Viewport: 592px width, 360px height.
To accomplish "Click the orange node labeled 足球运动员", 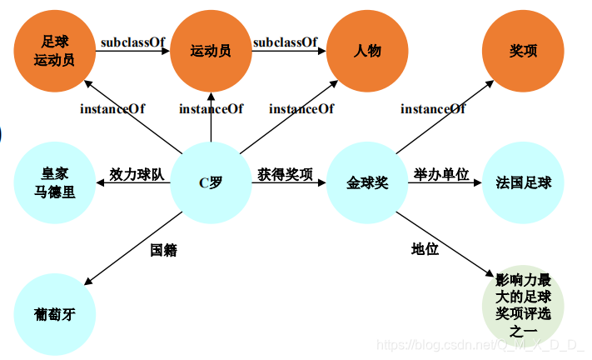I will [55, 50].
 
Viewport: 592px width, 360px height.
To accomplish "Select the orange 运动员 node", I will [210, 50].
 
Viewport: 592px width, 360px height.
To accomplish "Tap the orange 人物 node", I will [366, 50].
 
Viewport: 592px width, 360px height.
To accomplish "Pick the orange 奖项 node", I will [523, 50].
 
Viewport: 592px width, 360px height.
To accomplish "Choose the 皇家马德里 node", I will [55, 182].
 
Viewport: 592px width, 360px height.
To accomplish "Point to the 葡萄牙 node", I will [55, 314].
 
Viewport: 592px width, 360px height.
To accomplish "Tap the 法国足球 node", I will [523, 182].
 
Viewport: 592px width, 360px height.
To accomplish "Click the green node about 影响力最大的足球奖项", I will [523, 307].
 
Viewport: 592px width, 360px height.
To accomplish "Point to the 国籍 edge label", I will [163, 250].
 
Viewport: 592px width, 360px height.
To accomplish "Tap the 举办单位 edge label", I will [441, 174].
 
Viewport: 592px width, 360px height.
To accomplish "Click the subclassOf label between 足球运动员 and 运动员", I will [132, 42].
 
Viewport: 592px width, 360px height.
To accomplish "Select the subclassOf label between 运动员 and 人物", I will [286, 42].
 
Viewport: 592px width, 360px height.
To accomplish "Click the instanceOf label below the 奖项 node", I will [433, 109].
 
